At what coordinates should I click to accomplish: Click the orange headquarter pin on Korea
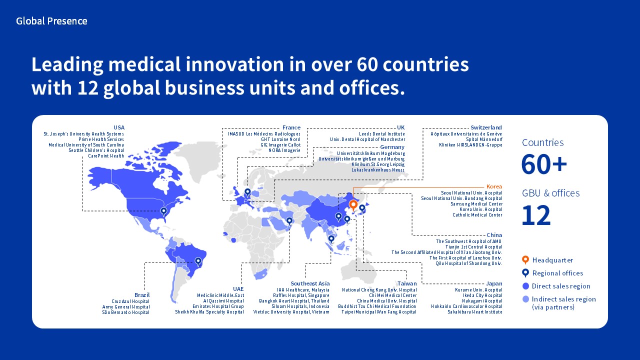[353, 205]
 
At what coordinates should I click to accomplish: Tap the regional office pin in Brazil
[198, 261]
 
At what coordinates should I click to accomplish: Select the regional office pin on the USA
[163, 211]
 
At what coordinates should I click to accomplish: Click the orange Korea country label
[494, 186]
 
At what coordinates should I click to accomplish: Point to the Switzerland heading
[486, 127]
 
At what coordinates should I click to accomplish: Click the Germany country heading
[392, 147]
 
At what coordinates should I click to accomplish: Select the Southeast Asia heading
[310, 283]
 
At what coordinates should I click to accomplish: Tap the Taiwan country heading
[407, 283]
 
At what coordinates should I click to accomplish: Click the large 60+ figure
[543, 164]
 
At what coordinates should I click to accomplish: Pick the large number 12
[536, 215]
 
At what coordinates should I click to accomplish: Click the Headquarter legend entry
[547, 260]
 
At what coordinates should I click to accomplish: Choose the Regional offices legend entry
[552, 273]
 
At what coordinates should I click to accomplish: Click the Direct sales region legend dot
[525, 286]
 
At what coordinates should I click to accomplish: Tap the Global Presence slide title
[51, 21]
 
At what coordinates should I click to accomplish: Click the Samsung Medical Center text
[476, 203]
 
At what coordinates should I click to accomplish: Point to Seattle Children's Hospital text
[96, 150]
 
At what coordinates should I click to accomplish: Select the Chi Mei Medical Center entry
[393, 295]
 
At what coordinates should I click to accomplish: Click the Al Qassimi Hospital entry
[223, 300]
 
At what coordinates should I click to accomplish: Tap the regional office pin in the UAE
[289, 221]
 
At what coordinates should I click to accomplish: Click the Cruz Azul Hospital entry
[130, 301]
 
